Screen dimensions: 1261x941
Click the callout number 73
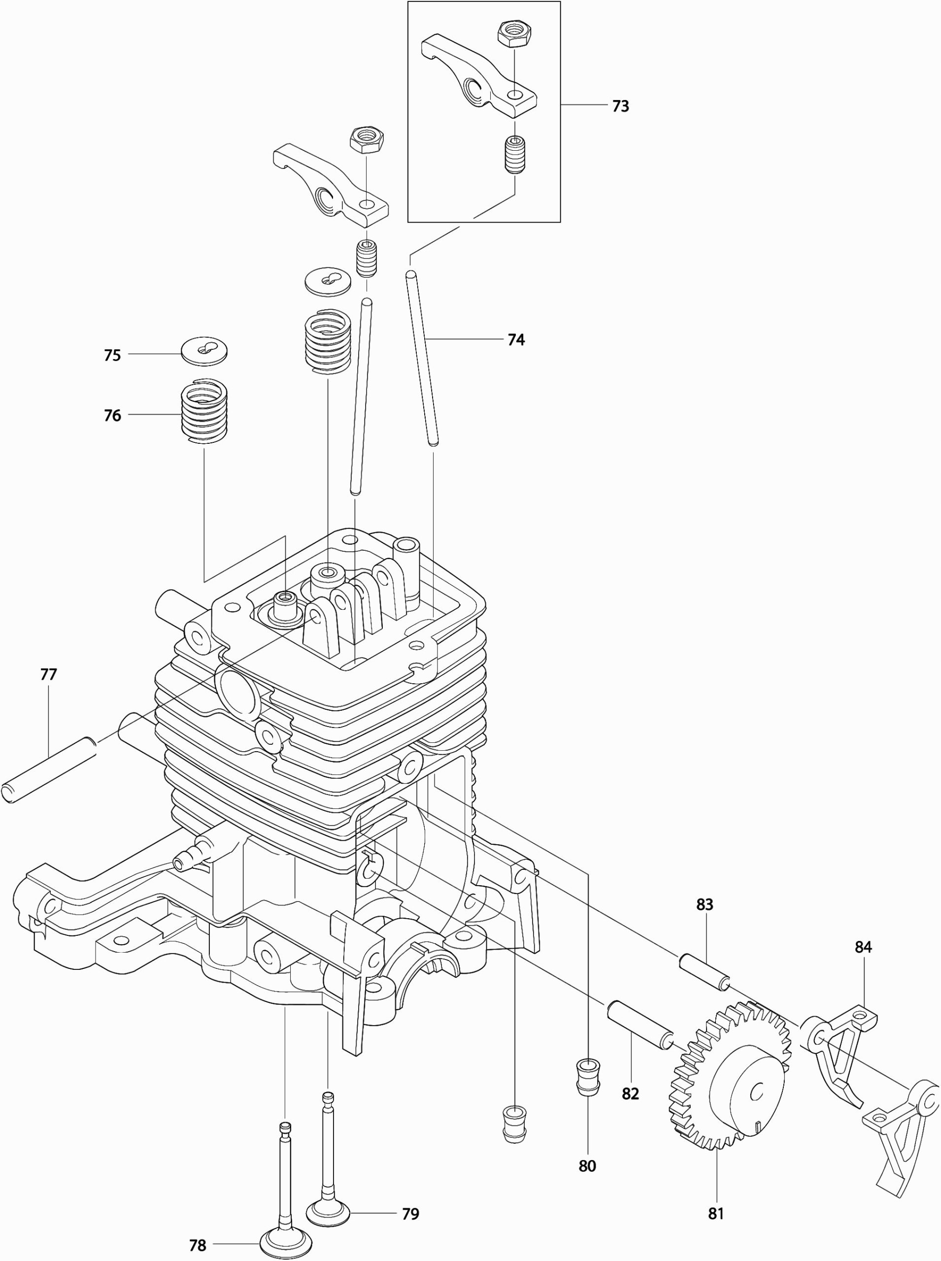pyautogui.click(x=620, y=106)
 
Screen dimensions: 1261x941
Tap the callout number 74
pyautogui.click(x=515, y=340)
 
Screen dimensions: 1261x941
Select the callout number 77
pyautogui.click(x=49, y=674)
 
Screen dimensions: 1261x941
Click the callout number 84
pyautogui.click(x=863, y=947)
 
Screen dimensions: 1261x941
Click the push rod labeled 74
pyautogui.click(x=422, y=359)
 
